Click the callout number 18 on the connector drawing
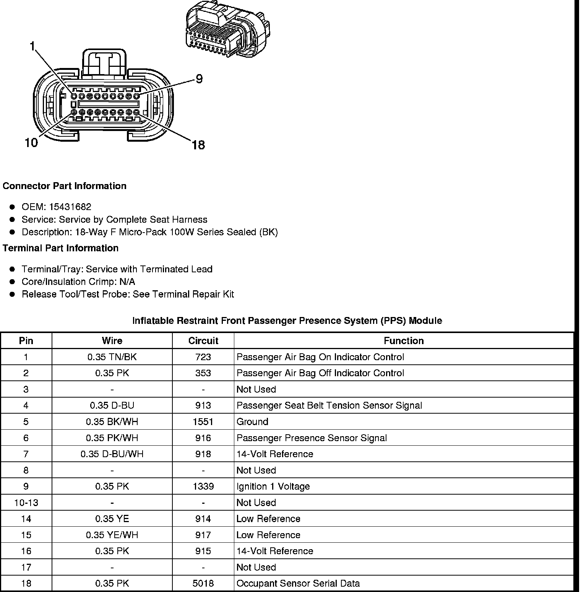click(x=198, y=145)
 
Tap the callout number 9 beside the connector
click(x=199, y=79)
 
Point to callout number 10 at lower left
click(x=31, y=143)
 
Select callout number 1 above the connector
click(x=33, y=46)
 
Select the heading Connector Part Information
click(x=64, y=186)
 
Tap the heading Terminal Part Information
click(x=60, y=248)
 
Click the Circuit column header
click(x=203, y=341)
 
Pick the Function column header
click(x=404, y=341)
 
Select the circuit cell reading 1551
click(x=203, y=422)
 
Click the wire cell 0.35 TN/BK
click(x=112, y=357)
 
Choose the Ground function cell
click(x=252, y=422)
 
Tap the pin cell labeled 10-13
click(x=26, y=503)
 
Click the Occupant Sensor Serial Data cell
click(x=298, y=584)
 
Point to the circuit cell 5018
click(x=203, y=584)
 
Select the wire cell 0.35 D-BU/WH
click(x=112, y=454)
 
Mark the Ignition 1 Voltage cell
click(x=273, y=487)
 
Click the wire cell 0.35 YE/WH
click(x=112, y=535)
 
